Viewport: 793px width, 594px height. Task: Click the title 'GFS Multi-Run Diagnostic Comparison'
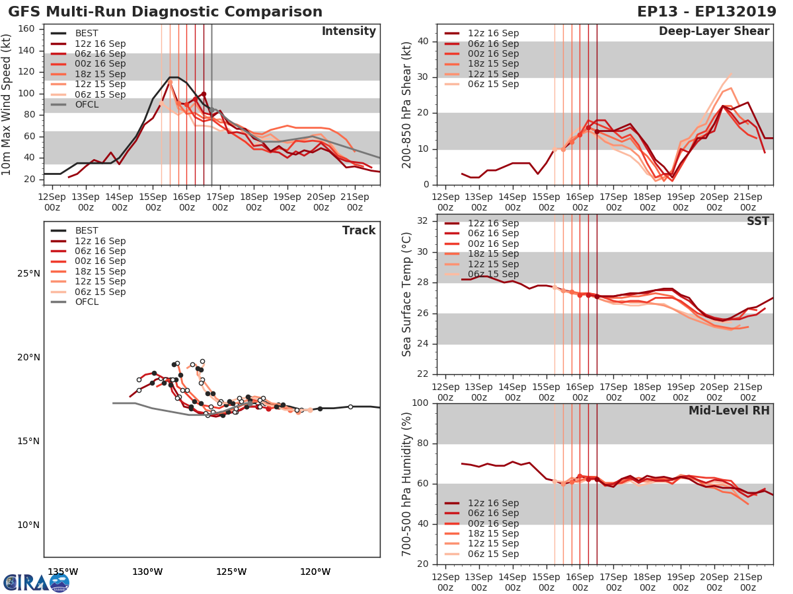pos(165,12)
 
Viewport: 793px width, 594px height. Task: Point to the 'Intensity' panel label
pos(348,32)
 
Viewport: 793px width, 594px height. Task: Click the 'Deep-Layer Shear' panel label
pos(714,32)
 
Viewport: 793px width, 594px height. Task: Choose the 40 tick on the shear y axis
pos(423,42)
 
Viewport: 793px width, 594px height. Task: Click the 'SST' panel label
pos(757,222)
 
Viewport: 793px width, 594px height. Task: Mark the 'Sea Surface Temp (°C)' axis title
pos(407,294)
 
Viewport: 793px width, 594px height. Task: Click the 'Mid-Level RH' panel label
pos(729,411)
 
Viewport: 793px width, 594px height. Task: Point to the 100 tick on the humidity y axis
pos(420,403)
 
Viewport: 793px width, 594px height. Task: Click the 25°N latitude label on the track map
pos(28,274)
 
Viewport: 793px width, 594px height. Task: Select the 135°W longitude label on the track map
pos(63,572)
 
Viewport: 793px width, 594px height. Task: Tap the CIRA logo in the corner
pos(36,582)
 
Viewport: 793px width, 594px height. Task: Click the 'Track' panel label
pos(359,230)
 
